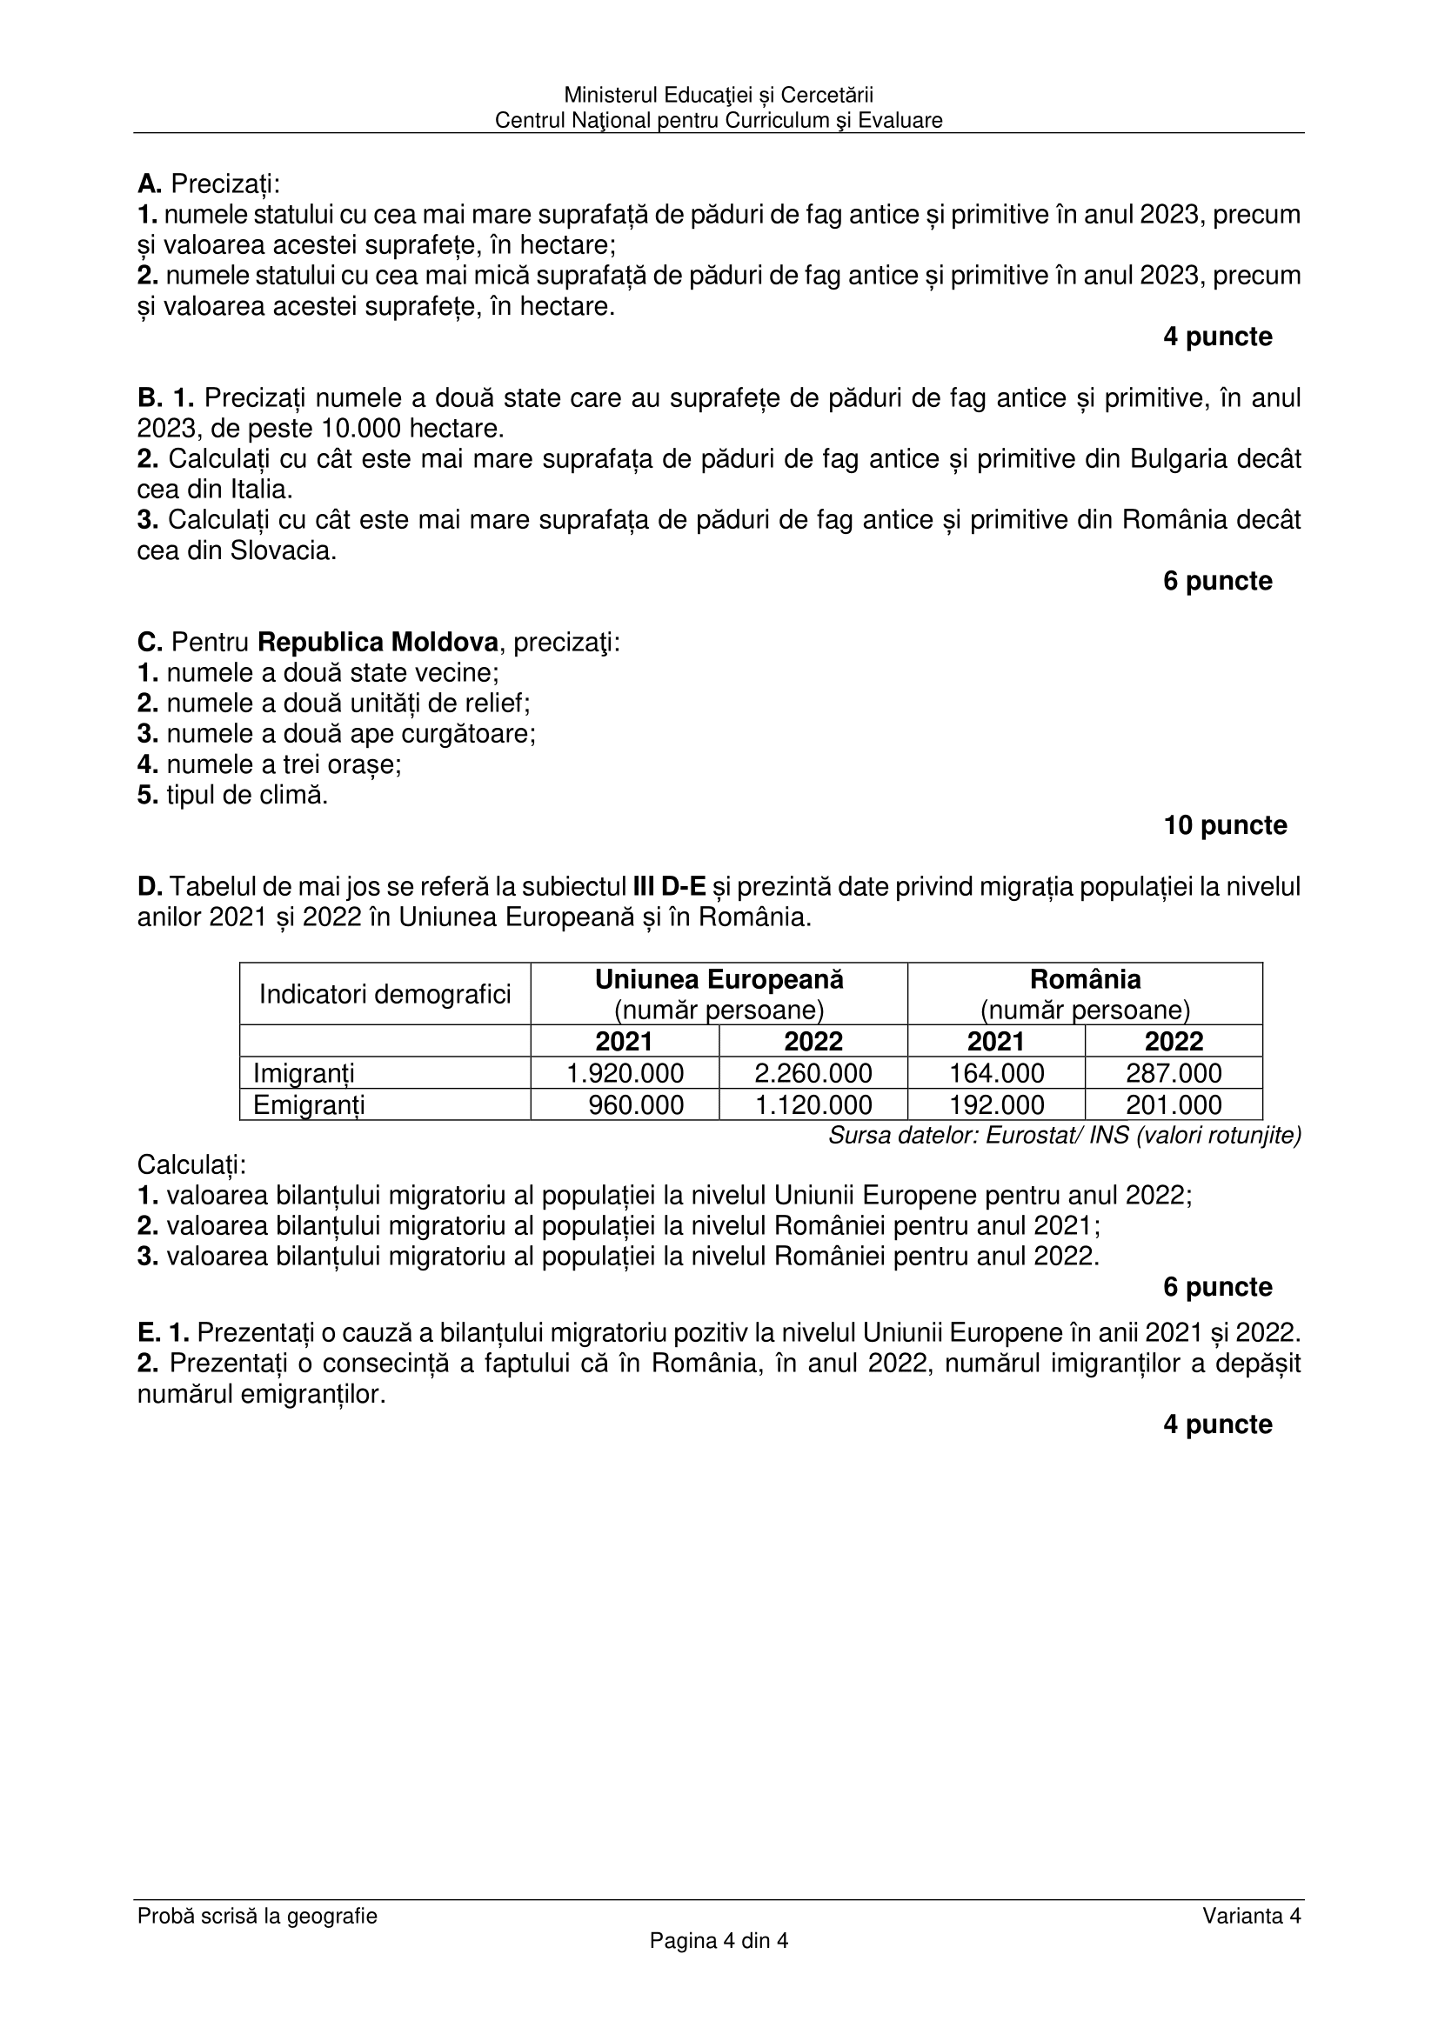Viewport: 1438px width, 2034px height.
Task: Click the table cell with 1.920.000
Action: click(x=625, y=1073)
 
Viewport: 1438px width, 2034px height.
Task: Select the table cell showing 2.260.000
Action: click(x=813, y=1073)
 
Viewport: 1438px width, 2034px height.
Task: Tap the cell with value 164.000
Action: click(x=996, y=1073)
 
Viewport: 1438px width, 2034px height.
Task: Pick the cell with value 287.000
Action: click(x=1173, y=1073)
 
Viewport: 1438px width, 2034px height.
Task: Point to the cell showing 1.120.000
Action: click(x=813, y=1104)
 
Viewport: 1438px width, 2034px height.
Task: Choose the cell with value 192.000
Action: click(x=996, y=1104)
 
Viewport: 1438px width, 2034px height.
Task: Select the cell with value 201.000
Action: click(x=1173, y=1104)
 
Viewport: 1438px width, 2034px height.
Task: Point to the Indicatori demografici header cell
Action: click(x=385, y=994)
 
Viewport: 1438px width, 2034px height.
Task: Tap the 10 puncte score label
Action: click(x=1225, y=824)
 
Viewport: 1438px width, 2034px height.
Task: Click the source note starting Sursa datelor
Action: click(x=1064, y=1135)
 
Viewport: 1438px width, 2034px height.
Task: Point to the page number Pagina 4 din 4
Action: click(x=719, y=1941)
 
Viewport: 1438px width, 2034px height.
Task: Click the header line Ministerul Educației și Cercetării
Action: click(x=719, y=95)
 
